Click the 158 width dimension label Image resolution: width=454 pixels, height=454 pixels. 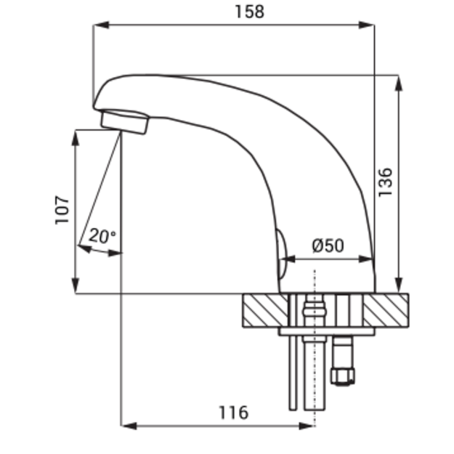[x=249, y=12]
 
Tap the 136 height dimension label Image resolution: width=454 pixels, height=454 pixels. [x=386, y=182]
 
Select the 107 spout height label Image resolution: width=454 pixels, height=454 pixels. [x=62, y=210]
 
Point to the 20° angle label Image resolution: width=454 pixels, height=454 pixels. [x=102, y=235]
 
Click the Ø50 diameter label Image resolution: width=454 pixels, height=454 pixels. [x=328, y=246]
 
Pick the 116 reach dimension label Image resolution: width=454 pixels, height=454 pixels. [x=233, y=413]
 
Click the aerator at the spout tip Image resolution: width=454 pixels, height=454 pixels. [x=125, y=122]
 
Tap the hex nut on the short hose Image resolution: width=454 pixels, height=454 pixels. [x=343, y=376]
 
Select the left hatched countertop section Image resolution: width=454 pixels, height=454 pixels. [x=266, y=310]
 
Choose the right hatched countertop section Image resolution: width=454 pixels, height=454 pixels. [x=386, y=310]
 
